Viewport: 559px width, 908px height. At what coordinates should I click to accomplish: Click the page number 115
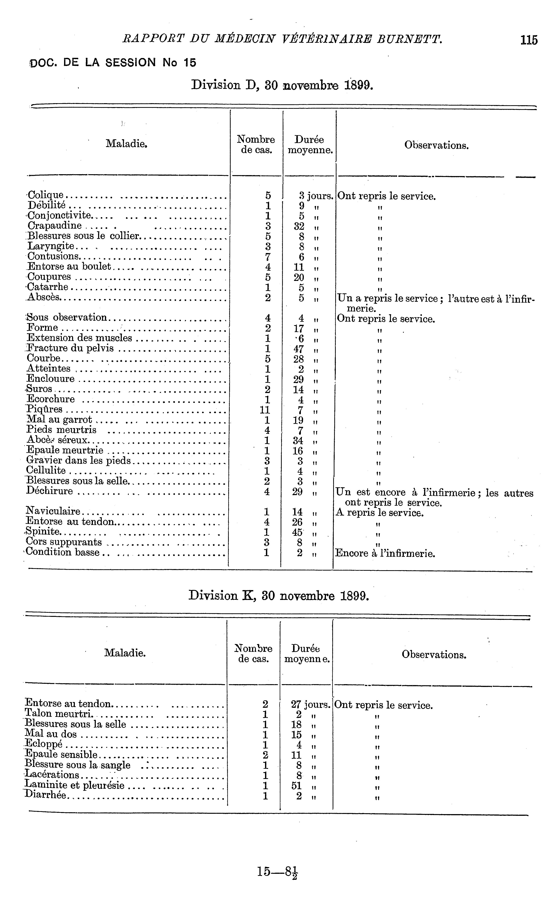click(x=529, y=40)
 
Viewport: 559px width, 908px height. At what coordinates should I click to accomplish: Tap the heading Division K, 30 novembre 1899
click(x=279, y=596)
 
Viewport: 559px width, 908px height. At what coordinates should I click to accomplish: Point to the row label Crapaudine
click(x=55, y=226)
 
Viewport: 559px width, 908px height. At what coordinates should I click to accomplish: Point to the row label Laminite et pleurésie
click(x=75, y=785)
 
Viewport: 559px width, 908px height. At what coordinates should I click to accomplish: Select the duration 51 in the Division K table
click(x=297, y=785)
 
